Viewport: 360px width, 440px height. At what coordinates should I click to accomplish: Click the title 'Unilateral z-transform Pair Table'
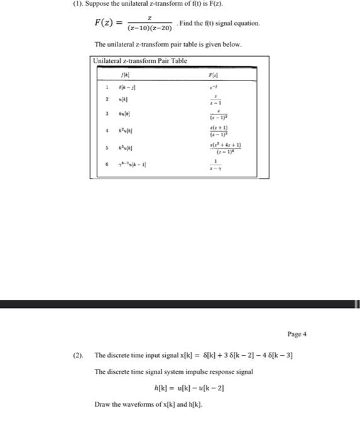pyautogui.click(x=139, y=60)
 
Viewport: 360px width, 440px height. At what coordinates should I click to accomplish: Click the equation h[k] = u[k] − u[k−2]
pyautogui.click(x=189, y=388)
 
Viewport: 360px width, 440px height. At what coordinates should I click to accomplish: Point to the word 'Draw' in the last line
pyautogui.click(x=102, y=404)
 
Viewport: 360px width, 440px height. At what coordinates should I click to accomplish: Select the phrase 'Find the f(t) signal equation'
pyautogui.click(x=220, y=23)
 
